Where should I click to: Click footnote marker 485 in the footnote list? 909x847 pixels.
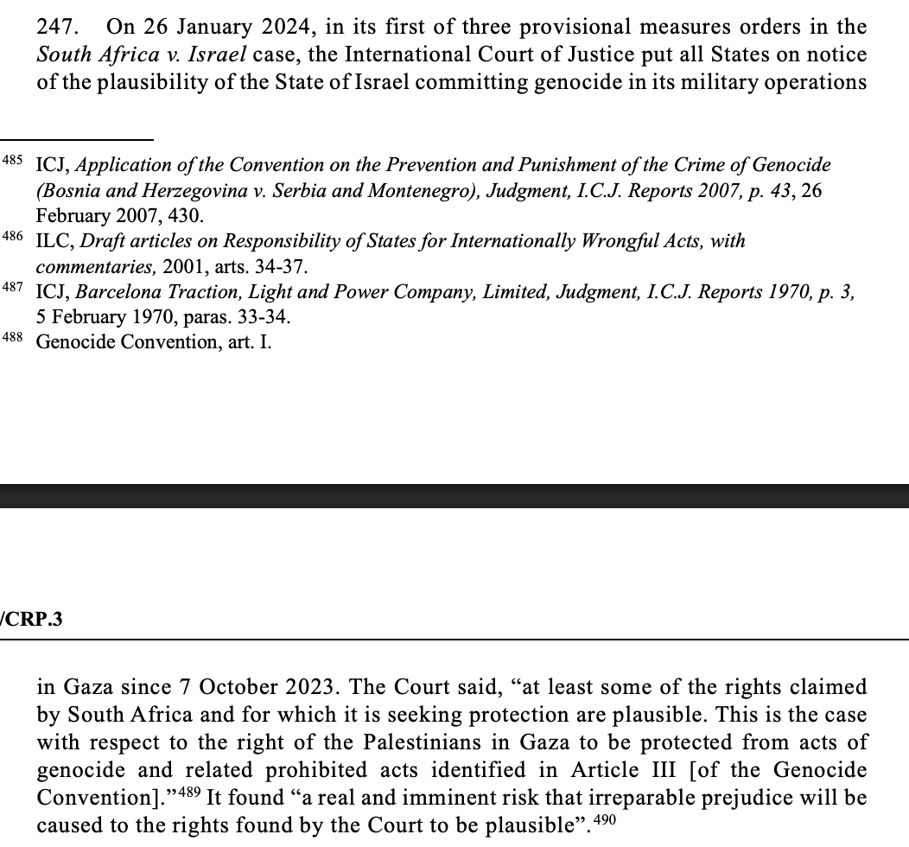point(13,162)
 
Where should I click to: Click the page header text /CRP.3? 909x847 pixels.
point(33,620)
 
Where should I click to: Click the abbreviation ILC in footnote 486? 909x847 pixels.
point(53,240)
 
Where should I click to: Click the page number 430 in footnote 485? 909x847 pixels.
point(188,216)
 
